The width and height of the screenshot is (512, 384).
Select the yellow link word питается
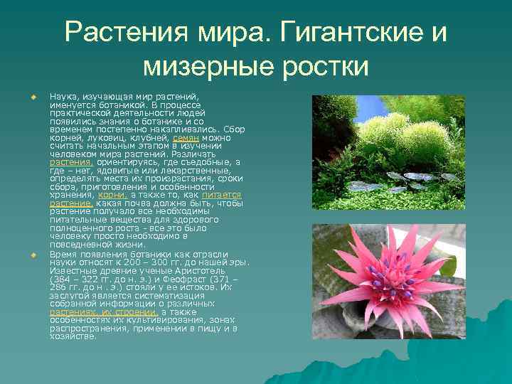pos(221,195)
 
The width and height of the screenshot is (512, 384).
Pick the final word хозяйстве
pos(73,336)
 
